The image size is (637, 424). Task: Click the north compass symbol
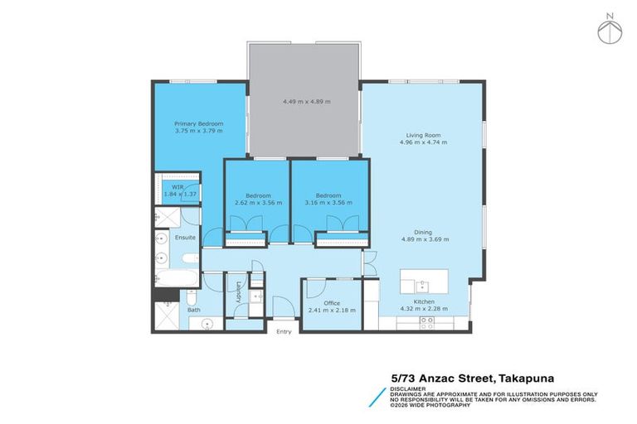tap(610, 29)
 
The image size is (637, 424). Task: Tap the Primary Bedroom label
tap(198, 123)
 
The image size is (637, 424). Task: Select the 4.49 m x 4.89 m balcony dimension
tap(306, 101)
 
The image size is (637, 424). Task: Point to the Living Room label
tap(422, 135)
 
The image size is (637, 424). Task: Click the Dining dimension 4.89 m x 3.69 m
tap(425, 239)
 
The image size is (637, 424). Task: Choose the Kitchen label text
tap(424, 301)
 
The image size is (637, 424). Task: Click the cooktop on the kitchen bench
tap(427, 323)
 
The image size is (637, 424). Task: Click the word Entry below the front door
tap(284, 331)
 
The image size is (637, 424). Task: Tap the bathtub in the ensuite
tap(176, 278)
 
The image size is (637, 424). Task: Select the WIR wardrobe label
tap(177, 188)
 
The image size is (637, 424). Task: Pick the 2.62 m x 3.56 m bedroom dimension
tap(258, 202)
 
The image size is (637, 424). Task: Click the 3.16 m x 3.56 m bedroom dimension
tap(328, 202)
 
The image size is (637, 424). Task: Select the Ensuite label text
tap(185, 237)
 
